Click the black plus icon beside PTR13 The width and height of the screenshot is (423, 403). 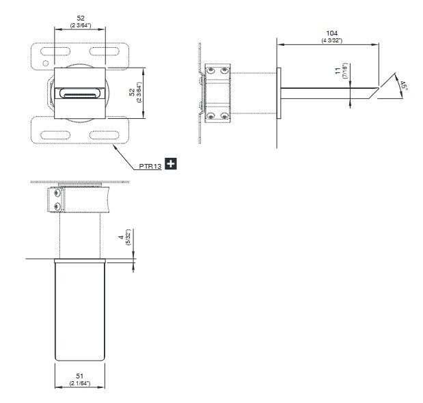pos(171,164)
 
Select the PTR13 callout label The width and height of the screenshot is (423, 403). pos(150,166)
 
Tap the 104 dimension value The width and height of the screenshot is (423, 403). pos(332,33)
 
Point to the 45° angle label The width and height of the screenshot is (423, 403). pos(404,85)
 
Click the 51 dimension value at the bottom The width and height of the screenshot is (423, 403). pos(79,376)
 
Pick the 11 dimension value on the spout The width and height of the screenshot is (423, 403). pos(338,71)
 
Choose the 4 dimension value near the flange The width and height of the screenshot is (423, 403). pos(122,237)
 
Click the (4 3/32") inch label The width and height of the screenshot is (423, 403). pos(332,40)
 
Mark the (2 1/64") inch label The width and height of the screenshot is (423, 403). pos(79,383)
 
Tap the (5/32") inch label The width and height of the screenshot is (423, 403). pos(128,237)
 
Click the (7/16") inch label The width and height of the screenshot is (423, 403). pos(345,70)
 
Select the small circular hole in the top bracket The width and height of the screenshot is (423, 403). pos(46,64)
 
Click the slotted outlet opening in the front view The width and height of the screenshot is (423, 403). pos(80,94)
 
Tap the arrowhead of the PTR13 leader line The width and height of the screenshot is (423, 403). pos(115,146)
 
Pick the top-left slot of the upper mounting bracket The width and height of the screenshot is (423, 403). pos(55,51)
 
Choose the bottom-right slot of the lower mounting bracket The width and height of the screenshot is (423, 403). pos(104,135)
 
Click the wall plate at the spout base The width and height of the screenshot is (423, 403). pos(279,93)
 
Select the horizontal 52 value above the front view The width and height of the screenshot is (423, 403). pos(81,18)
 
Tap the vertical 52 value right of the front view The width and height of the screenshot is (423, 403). pos(132,92)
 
